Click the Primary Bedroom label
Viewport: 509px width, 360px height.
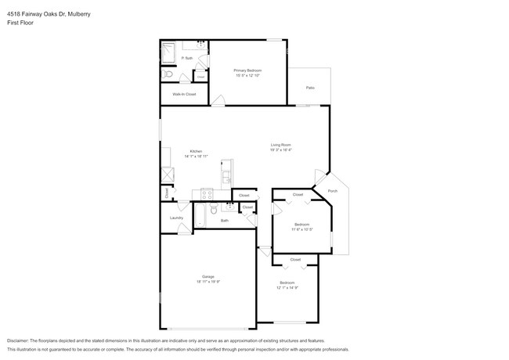click(247, 70)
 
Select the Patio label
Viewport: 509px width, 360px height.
click(310, 88)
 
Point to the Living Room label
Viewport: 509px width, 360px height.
click(281, 145)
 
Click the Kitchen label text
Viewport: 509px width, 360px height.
click(196, 151)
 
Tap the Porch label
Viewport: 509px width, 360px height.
click(332, 191)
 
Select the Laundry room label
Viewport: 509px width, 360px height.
click(176, 218)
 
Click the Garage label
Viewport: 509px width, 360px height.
click(208, 277)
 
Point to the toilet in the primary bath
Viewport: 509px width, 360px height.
click(168, 74)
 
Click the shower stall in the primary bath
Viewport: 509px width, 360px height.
click(169, 53)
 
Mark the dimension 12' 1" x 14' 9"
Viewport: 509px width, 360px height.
click(287, 288)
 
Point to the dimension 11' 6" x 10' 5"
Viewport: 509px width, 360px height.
click(302, 229)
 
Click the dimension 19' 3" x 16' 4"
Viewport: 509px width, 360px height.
click(281, 150)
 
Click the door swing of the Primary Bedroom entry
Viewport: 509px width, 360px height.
click(218, 100)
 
